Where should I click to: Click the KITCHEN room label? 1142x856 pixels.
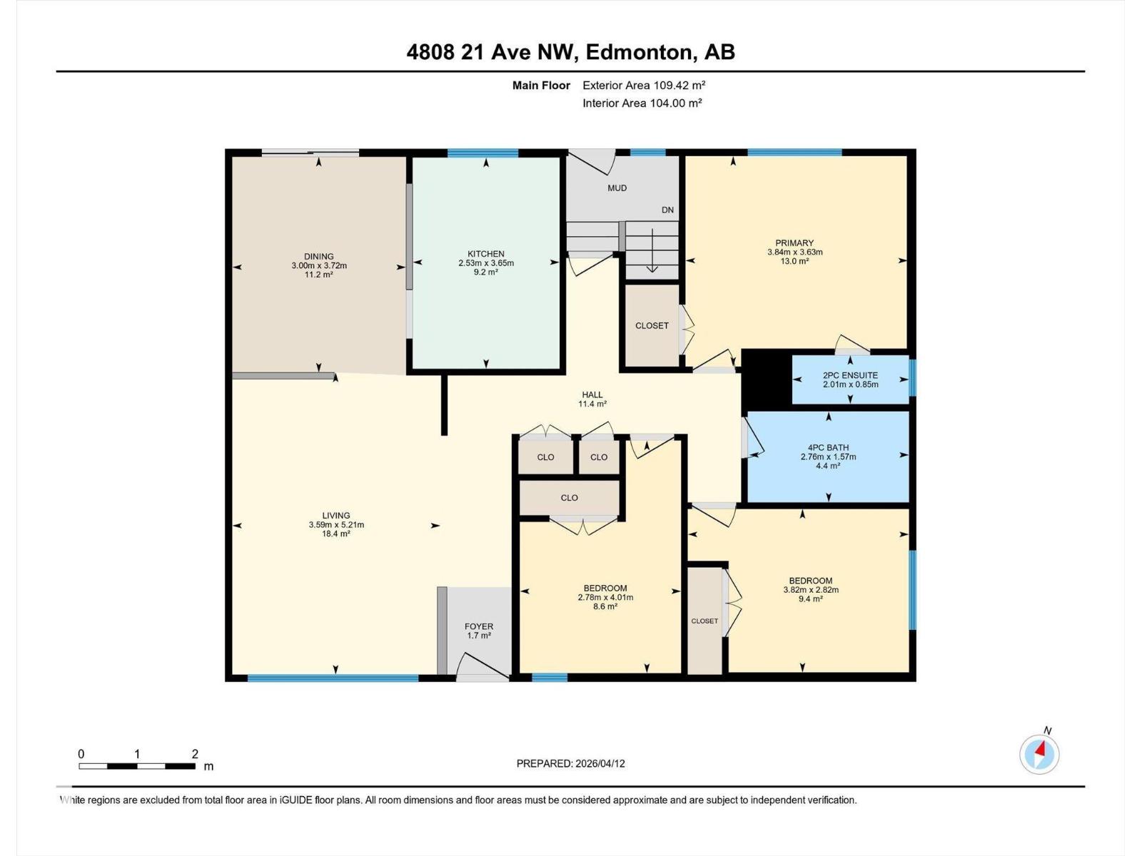click(486, 254)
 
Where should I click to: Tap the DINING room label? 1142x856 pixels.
click(318, 257)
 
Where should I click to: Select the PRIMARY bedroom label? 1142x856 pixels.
click(794, 243)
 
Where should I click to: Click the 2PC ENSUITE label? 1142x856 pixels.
click(850, 375)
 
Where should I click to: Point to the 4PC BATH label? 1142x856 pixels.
click(828, 448)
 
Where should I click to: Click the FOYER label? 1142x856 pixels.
click(478, 626)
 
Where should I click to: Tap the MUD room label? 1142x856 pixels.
click(617, 188)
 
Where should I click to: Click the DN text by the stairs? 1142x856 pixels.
click(667, 210)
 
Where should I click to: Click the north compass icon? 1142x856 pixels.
click(1039, 754)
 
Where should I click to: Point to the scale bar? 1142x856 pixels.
click(137, 766)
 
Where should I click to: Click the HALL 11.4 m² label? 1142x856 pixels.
click(592, 399)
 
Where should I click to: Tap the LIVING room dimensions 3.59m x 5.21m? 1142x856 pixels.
click(336, 525)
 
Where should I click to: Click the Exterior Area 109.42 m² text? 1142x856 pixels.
click(644, 86)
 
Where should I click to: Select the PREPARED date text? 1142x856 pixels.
click(570, 763)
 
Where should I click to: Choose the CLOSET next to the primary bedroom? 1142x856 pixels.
click(652, 326)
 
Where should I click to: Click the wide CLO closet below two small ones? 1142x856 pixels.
click(569, 498)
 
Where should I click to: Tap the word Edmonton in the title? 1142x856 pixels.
click(645, 52)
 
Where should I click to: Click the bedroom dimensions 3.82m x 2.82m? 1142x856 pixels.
click(810, 590)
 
